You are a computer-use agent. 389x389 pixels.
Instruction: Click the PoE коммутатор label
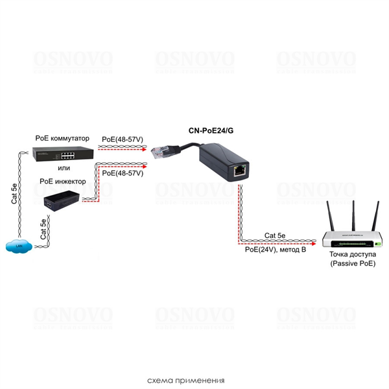point(63,138)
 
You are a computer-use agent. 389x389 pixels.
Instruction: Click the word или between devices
point(63,169)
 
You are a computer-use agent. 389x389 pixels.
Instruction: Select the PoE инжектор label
point(62,182)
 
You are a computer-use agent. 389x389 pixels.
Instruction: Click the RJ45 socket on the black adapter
point(239,171)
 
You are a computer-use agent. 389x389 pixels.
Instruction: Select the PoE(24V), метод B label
point(276,249)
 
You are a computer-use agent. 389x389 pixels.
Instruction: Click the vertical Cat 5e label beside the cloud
point(43,231)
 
